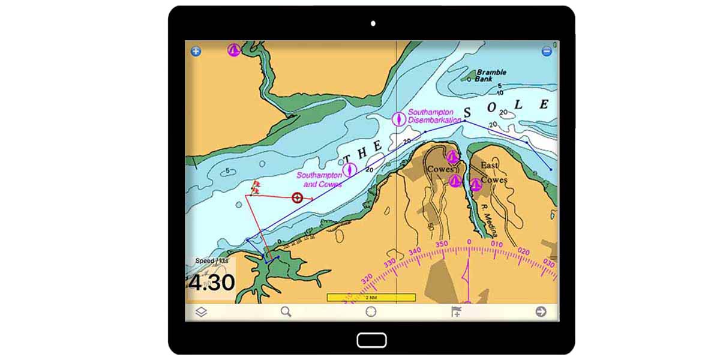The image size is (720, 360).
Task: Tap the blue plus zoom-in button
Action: pos(196,51)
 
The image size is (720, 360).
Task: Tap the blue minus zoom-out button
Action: pos(547,51)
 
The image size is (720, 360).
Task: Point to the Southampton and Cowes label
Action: pos(319,179)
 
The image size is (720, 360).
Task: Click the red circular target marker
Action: pos(297,197)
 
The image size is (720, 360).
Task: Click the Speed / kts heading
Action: pos(212,261)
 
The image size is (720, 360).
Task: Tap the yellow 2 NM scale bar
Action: pos(371,298)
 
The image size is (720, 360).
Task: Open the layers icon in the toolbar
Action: pos(201,312)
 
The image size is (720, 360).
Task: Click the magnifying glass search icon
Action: pos(286,312)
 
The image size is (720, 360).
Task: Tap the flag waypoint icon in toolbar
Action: pos(457,312)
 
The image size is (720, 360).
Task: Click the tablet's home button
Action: pos(371,340)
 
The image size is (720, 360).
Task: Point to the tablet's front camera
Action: pos(373,23)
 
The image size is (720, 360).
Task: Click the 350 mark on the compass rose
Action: pos(442,244)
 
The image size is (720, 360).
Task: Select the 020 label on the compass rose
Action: pos(523,252)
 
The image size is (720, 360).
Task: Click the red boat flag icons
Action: pos(256,187)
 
